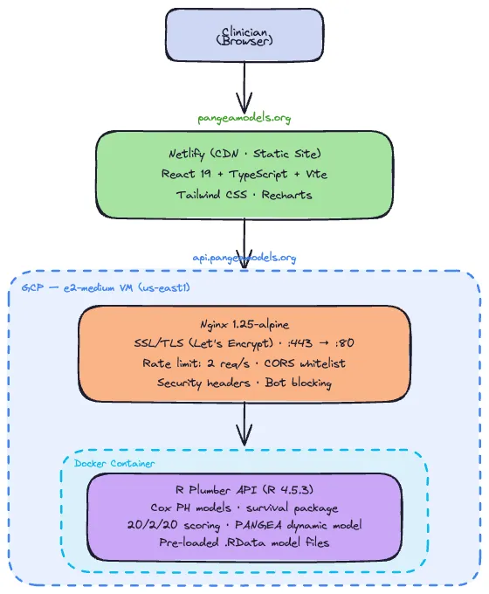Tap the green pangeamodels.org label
(x=244, y=116)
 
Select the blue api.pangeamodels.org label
(x=244, y=258)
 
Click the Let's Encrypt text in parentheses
(x=239, y=343)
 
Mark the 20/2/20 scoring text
(x=182, y=526)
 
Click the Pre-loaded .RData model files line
(x=244, y=544)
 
